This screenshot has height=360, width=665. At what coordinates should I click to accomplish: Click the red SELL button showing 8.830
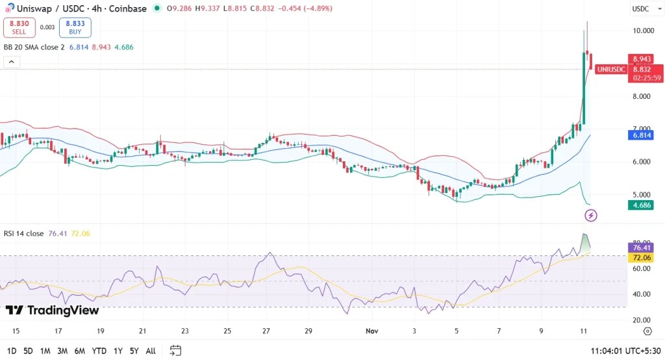[19, 27]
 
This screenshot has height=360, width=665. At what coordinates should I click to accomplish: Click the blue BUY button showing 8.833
[75, 27]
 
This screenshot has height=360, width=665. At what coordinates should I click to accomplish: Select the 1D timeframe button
[12, 351]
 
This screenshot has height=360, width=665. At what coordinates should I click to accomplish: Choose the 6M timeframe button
[80, 351]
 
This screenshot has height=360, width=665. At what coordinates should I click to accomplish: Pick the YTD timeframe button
[99, 351]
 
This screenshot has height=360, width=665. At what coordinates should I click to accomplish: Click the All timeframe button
[150, 351]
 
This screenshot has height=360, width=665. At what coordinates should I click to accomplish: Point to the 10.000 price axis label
[642, 31]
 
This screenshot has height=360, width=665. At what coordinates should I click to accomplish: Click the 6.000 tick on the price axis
[642, 162]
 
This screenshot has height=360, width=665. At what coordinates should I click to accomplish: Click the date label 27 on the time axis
[267, 331]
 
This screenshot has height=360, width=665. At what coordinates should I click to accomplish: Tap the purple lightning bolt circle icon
[592, 215]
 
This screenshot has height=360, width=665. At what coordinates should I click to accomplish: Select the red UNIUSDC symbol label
[611, 70]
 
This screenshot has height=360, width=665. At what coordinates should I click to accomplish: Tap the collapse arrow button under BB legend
[12, 62]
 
